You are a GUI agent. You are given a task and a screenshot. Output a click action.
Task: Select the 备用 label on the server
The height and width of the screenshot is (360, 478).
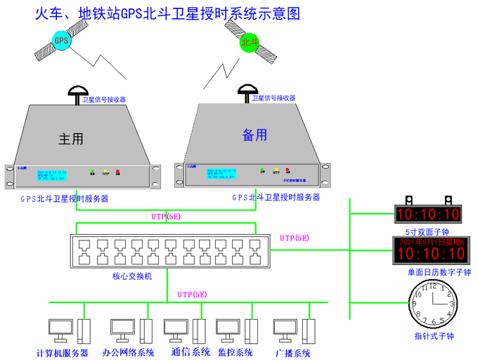(x=255, y=134)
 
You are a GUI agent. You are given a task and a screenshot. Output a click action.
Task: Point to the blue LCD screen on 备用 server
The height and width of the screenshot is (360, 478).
(x=225, y=174)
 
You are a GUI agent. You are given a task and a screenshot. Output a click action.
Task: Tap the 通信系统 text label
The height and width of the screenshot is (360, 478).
(x=190, y=352)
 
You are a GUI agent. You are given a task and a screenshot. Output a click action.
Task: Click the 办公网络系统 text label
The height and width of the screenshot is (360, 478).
(x=128, y=352)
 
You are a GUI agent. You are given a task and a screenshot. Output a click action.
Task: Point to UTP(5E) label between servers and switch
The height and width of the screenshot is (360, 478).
(x=166, y=217)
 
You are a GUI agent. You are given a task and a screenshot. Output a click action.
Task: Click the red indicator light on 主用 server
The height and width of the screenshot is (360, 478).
(x=117, y=172)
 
